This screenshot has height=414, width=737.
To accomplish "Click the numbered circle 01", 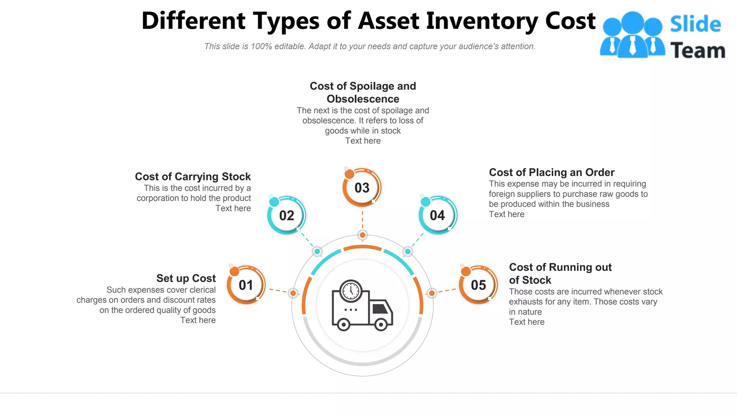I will pyautogui.click(x=246, y=285).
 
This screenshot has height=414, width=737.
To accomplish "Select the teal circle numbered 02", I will pyautogui.click(x=287, y=216).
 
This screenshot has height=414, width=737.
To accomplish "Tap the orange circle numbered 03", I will pyautogui.click(x=362, y=188).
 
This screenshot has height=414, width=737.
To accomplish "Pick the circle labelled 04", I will pyautogui.click(x=438, y=216).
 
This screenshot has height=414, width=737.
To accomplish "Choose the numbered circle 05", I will pyautogui.click(x=479, y=285).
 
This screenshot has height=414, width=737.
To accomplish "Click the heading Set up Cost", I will pyautogui.click(x=186, y=278).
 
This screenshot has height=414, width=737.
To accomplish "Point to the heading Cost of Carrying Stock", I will pyautogui.click(x=193, y=176).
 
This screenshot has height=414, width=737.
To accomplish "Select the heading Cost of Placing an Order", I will pyautogui.click(x=552, y=172).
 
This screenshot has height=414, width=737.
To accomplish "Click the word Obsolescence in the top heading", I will pyautogui.click(x=363, y=99).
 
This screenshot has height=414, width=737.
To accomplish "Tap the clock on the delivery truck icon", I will pyautogui.click(x=351, y=290).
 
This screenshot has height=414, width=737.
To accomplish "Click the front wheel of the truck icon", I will pyautogui.click(x=381, y=325).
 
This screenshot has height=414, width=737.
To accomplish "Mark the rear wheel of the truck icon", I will pyautogui.click(x=344, y=325).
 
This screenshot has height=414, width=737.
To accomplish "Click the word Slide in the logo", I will pyautogui.click(x=695, y=24).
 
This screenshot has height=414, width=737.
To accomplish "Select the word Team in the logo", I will pyautogui.click(x=697, y=50).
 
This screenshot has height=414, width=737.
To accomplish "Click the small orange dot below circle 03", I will pyautogui.click(x=362, y=235).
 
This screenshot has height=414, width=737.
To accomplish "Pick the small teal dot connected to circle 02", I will pyautogui.click(x=317, y=251).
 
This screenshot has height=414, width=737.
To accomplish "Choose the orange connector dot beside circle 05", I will pyautogui.click(x=432, y=293).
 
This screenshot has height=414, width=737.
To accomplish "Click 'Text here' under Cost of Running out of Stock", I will pyautogui.click(x=526, y=322).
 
